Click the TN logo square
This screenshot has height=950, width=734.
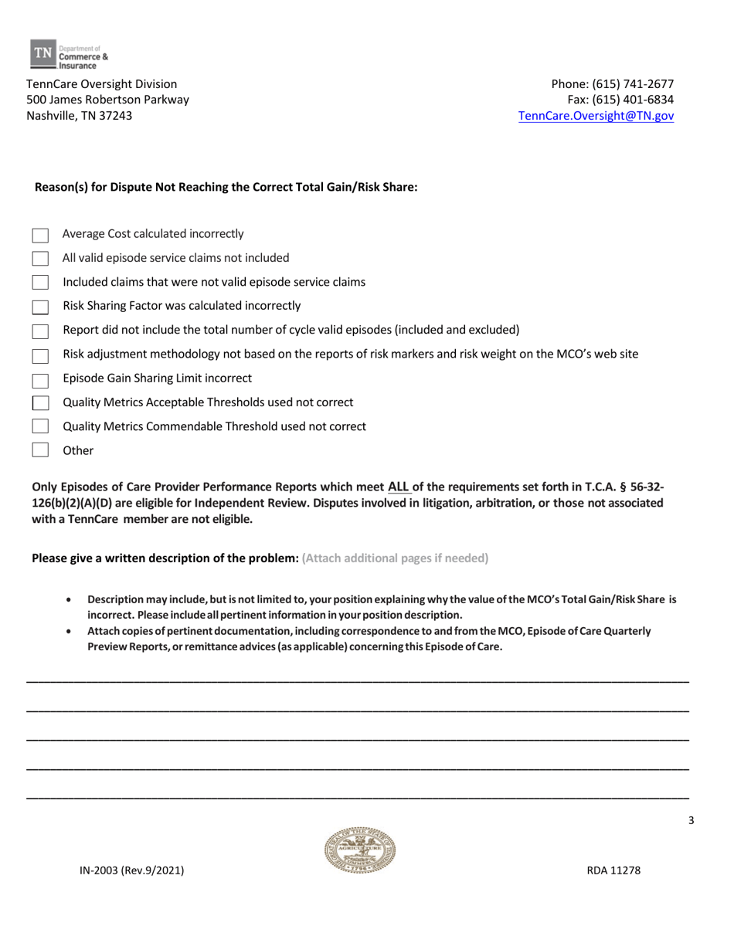42,52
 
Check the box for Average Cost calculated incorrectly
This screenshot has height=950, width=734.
40,234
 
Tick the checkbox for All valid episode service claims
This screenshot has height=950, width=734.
40,258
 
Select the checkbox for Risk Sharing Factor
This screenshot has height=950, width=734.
40,307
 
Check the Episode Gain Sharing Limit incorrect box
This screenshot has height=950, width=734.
40,379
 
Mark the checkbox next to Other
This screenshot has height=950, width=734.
40,450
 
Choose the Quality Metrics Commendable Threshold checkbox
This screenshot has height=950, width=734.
40,426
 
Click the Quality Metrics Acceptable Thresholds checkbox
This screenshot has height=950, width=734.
40,402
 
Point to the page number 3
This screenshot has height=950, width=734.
692,821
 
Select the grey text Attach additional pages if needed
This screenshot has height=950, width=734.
395,558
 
